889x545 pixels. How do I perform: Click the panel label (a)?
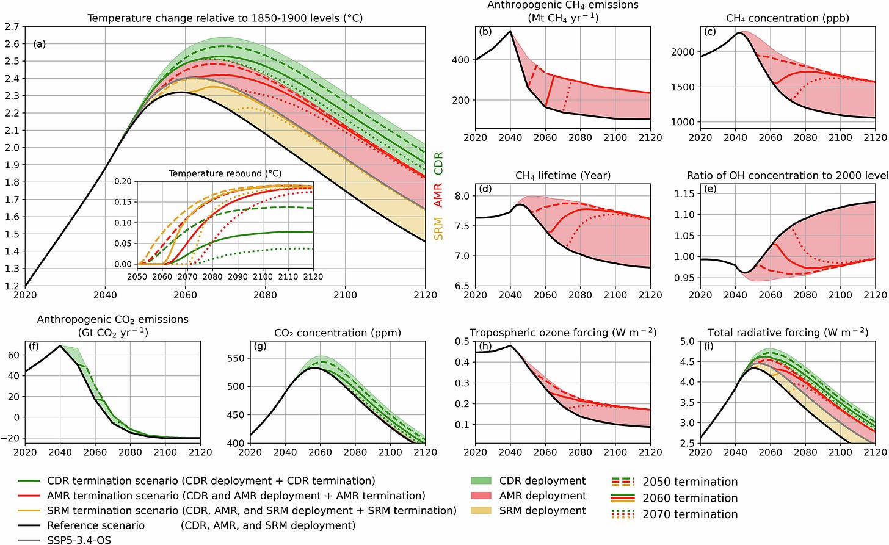point(40,44)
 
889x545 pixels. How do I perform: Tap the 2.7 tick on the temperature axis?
point(12,27)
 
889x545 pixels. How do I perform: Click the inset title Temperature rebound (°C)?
point(225,173)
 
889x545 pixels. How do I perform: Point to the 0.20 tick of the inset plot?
point(123,181)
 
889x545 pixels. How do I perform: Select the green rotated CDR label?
point(438,163)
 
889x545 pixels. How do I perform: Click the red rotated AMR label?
point(438,195)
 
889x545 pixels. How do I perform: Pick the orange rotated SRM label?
point(438,228)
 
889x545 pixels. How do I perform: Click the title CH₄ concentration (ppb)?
point(788,18)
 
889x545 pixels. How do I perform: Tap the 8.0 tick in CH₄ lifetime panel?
point(461,196)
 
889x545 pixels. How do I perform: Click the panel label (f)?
point(34,346)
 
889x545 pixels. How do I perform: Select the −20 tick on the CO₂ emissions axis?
point(10,438)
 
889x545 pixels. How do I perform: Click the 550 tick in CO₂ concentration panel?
point(235,358)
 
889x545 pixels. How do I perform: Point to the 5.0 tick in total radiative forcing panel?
point(687,341)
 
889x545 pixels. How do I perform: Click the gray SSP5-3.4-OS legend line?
point(29,540)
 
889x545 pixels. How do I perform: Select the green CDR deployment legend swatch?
point(481,481)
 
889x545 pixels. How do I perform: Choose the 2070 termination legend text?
point(690,514)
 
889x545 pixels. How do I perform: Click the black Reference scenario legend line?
point(29,525)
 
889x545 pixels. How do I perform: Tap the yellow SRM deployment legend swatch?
point(481,510)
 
